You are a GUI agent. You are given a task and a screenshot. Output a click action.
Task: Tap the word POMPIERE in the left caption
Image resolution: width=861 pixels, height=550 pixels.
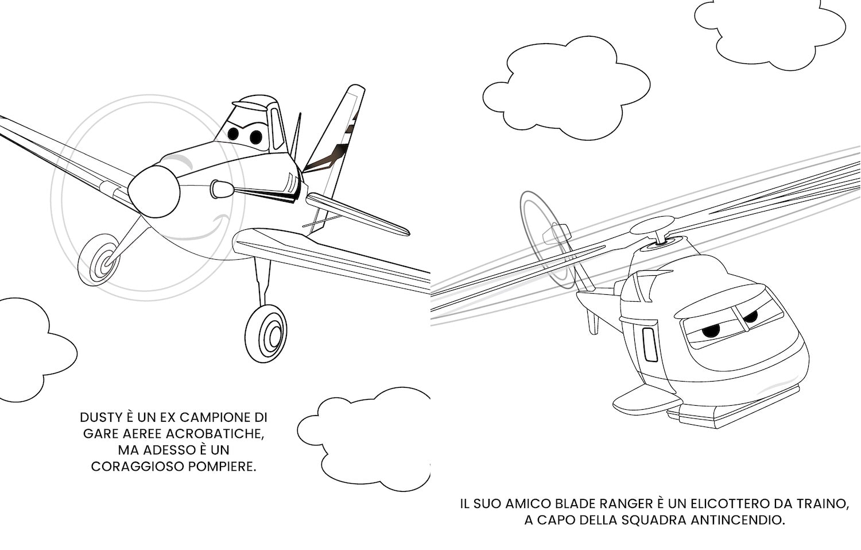[222, 467]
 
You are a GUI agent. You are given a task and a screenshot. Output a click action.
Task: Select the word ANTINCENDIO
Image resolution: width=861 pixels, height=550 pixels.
[738, 520]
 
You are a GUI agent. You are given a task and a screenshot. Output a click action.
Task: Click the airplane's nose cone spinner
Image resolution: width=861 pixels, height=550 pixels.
[154, 192]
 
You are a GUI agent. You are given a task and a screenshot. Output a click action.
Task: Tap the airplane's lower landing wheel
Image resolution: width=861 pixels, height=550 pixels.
[266, 334]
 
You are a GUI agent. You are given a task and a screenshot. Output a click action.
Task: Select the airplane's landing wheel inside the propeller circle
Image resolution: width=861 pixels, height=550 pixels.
[99, 260]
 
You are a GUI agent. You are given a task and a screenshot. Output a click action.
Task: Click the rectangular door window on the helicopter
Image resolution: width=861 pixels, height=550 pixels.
[650, 344]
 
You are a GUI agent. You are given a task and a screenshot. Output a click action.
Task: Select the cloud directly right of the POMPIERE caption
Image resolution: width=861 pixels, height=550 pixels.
[364, 439]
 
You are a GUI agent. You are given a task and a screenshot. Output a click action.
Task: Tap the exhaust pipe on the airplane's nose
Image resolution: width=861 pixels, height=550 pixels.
[222, 189]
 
